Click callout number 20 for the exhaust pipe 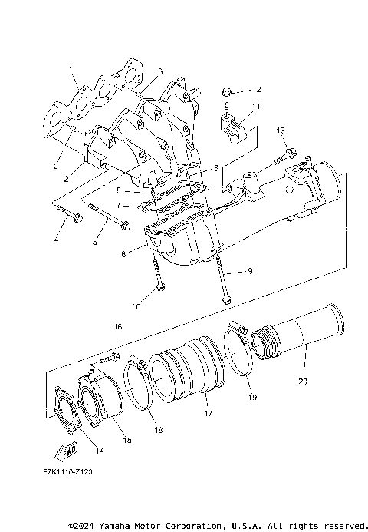pos(301,380)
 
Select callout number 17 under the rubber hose pos(207,414)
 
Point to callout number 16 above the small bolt pos(118,327)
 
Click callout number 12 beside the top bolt pos(256,90)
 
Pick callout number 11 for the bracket pos(256,106)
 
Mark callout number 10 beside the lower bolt pos(136,306)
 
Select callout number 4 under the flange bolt pos(56,240)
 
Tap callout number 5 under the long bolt pos(95,241)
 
